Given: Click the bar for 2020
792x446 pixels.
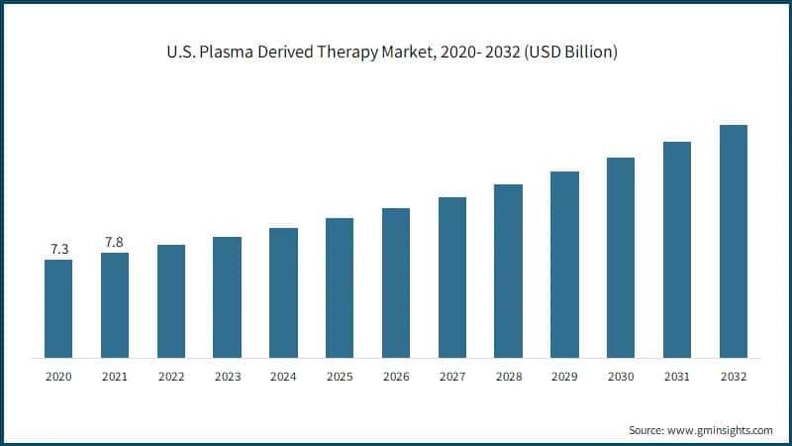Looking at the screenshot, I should [x=58, y=308].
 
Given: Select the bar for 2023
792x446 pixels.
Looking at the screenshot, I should [x=227, y=297].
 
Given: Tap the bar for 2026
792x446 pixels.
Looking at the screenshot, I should [x=396, y=282].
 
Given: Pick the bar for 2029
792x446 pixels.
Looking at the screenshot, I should [x=564, y=265].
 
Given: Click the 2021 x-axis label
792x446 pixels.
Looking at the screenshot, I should [x=115, y=377].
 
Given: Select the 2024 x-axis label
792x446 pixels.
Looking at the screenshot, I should [x=283, y=377].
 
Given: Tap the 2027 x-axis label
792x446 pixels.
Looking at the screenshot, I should [x=451, y=377].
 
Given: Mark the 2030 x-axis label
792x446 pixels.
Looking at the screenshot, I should [x=621, y=377].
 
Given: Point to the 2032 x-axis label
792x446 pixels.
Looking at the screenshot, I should [x=733, y=377].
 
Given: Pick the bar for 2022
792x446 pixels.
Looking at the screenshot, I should [x=171, y=301].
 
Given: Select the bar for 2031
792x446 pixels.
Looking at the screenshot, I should [x=676, y=250].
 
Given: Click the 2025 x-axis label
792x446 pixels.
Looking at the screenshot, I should [x=340, y=377].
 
